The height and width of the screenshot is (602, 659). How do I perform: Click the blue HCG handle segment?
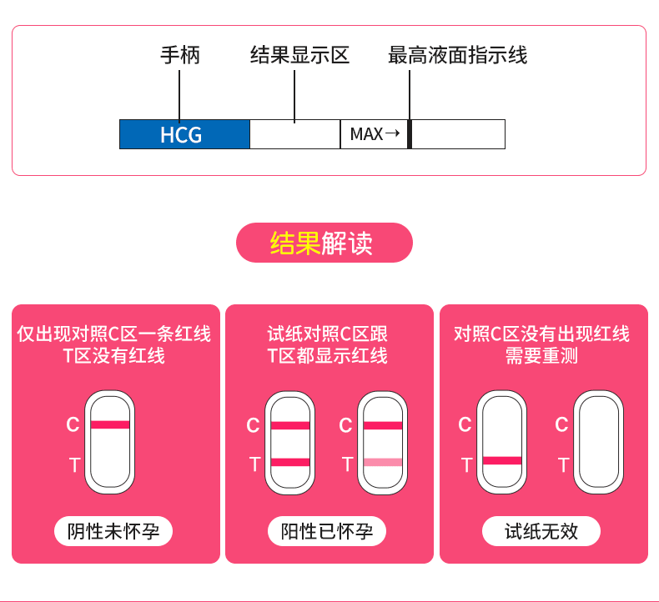(x=184, y=134)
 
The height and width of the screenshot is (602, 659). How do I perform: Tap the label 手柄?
(x=179, y=56)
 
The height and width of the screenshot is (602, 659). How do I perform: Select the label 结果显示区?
(x=299, y=56)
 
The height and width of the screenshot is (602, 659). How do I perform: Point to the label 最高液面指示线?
(x=457, y=56)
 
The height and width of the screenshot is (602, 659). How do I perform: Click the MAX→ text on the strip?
(x=375, y=134)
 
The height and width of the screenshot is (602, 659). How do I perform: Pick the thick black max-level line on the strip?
(x=410, y=134)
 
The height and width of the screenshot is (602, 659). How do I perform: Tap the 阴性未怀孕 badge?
(x=113, y=531)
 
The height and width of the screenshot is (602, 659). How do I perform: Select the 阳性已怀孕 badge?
(x=327, y=531)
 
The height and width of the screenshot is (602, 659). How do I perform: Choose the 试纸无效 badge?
(x=541, y=531)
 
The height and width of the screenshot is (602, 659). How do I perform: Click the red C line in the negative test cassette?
(x=110, y=424)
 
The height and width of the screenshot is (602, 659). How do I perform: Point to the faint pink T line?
(x=383, y=462)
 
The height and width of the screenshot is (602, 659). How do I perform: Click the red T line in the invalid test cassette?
(x=502, y=460)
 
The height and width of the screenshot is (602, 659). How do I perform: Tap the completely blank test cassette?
(x=596, y=442)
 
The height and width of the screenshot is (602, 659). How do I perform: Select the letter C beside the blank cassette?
(x=561, y=425)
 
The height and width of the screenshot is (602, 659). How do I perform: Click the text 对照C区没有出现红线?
(x=541, y=334)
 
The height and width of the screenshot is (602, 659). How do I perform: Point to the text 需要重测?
(x=541, y=356)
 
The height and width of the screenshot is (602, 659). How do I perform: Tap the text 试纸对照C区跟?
(x=327, y=334)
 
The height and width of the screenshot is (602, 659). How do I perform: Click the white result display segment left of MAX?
(x=294, y=134)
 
